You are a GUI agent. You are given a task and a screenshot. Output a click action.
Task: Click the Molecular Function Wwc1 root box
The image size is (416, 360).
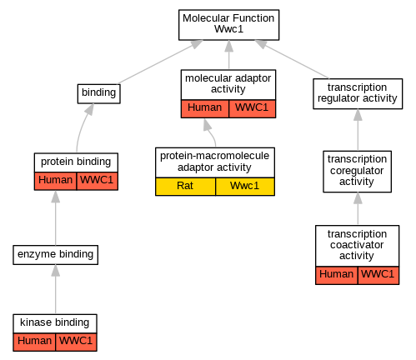click(x=228, y=25)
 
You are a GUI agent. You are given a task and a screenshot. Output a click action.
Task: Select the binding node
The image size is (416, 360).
click(x=98, y=93)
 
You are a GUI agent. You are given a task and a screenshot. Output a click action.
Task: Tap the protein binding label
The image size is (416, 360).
click(x=76, y=162)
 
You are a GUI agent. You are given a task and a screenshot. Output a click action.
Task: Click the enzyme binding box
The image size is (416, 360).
click(x=55, y=255)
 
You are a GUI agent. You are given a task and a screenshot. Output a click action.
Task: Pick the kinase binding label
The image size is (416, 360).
click(x=55, y=322)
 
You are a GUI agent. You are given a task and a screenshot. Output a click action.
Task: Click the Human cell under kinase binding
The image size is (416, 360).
click(x=34, y=342)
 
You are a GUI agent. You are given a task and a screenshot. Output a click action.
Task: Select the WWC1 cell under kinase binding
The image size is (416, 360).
click(x=76, y=342)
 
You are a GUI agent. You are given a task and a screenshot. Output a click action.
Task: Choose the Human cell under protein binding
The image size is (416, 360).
click(x=55, y=181)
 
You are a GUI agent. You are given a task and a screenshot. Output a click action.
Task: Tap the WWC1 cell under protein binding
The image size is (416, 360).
click(x=98, y=181)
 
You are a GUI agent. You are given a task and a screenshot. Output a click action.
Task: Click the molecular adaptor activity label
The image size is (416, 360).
click(x=228, y=83)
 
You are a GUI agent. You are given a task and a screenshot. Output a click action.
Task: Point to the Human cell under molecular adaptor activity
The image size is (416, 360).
click(x=205, y=108)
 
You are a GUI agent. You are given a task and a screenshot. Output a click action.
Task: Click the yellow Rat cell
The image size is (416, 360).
click(x=185, y=187)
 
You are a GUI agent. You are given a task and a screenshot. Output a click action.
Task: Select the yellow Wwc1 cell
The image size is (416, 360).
click(x=245, y=187)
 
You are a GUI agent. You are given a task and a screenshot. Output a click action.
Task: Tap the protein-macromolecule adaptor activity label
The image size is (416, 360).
click(x=214, y=162)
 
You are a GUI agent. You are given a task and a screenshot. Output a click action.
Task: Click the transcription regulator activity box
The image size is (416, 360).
click(x=358, y=93)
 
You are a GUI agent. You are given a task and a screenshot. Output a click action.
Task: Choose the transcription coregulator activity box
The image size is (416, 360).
click(x=357, y=172)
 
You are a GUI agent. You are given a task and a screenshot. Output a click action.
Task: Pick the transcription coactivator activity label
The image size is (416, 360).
click(x=357, y=245)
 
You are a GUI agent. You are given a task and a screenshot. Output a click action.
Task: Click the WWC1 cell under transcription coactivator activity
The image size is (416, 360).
click(x=378, y=275)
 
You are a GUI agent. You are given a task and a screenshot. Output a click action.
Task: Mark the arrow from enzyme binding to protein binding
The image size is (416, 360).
click(x=56, y=217)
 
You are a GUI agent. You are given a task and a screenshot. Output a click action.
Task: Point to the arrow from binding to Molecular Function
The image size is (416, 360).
click(x=160, y=62)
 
